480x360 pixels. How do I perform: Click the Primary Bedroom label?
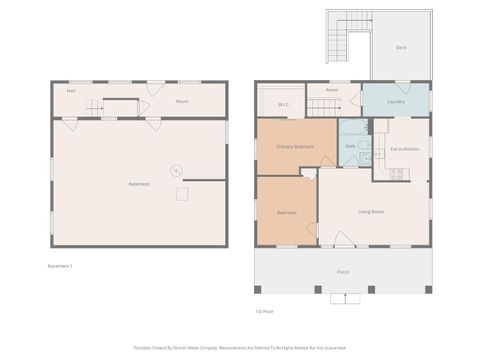(x=295, y=147)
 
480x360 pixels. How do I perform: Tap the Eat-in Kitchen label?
(x=404, y=149)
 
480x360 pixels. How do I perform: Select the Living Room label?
(x=373, y=211)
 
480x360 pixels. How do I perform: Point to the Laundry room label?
(x=394, y=101)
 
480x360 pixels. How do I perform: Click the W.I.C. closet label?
(x=284, y=103)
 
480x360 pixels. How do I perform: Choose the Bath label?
(x=350, y=147)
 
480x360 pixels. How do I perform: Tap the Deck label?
(x=400, y=45)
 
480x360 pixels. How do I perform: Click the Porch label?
(x=343, y=272)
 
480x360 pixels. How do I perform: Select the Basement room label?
(x=139, y=184)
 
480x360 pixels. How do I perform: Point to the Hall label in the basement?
(x=71, y=91)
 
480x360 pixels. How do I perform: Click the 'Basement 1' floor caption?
(x=61, y=266)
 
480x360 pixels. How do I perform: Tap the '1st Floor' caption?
(x=265, y=311)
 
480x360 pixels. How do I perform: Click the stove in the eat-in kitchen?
(x=396, y=174)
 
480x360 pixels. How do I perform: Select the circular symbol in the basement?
(x=176, y=170)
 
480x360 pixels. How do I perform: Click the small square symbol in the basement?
(x=182, y=194)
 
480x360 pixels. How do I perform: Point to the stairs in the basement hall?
(x=93, y=107)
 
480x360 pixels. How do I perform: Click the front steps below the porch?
(x=345, y=298)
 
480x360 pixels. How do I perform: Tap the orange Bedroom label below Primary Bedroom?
(x=286, y=212)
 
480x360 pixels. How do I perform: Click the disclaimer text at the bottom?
(x=240, y=349)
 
